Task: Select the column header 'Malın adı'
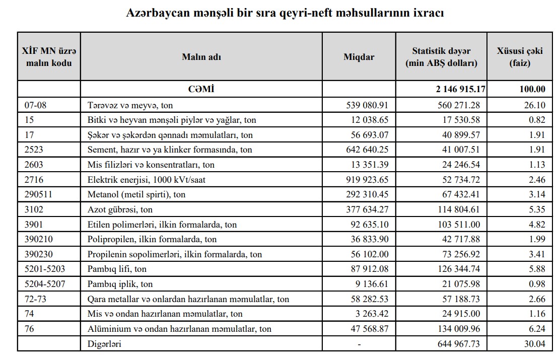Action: (x=201, y=57)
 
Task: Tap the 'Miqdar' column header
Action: (x=359, y=57)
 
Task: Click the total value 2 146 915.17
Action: (x=460, y=89)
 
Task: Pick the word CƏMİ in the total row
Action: (x=201, y=89)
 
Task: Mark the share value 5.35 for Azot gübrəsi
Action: (x=537, y=209)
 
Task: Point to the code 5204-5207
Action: (x=45, y=284)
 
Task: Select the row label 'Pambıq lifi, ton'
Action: (x=117, y=269)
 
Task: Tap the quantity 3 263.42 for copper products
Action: (x=372, y=314)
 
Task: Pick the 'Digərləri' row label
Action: (x=104, y=344)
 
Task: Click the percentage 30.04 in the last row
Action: (x=535, y=344)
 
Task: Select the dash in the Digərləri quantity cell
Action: (x=359, y=344)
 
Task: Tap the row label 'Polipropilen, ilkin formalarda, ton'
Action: (x=152, y=239)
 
